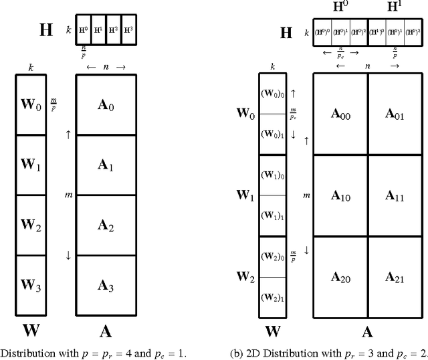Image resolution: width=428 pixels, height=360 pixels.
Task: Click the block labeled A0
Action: click(x=107, y=104)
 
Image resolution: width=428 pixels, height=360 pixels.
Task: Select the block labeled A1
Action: click(x=107, y=165)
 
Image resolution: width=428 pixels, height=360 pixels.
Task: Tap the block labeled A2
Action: click(x=107, y=226)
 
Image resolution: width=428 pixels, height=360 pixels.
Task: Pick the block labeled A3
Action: click(x=107, y=286)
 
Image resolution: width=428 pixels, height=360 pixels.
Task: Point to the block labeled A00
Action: click(x=340, y=115)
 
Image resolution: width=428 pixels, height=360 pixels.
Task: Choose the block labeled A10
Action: click(x=340, y=195)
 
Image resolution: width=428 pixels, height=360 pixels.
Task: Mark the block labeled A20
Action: click(x=340, y=276)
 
